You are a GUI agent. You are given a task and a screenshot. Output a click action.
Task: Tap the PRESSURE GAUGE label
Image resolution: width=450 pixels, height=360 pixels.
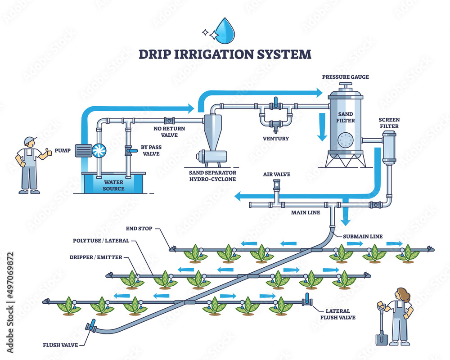coord(345,77)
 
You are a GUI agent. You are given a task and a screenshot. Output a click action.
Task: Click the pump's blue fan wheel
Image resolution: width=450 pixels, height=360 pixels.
coord(99,150)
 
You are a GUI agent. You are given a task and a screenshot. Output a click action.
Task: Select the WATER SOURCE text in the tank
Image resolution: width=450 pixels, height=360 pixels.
coord(113,185)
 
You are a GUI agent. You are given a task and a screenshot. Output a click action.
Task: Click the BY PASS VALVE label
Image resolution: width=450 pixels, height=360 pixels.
coord(151,149)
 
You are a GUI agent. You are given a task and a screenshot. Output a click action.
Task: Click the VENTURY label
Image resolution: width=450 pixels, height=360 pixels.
coord(276,138)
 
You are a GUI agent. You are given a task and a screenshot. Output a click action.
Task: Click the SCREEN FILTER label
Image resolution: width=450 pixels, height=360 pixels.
coord(389,123)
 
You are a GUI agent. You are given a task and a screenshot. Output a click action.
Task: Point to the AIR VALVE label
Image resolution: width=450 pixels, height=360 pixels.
coord(276,174)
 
